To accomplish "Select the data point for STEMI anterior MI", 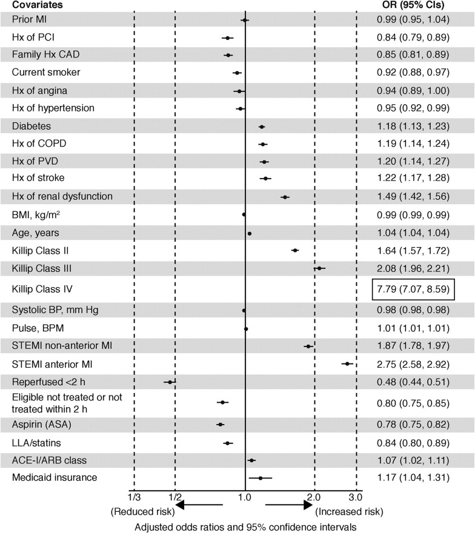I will (x=347, y=364).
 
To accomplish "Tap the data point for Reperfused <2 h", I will (x=170, y=382).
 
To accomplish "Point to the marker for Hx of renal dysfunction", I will (x=285, y=197).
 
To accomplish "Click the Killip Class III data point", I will (x=319, y=268).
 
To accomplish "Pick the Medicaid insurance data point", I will (x=261, y=478).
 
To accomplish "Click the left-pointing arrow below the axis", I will (x=199, y=504).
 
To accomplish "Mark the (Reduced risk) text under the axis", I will (x=139, y=512).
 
